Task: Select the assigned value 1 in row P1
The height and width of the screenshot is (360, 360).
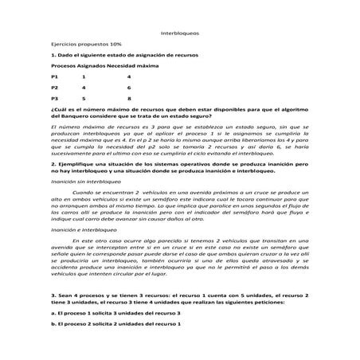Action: [x=83, y=75]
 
